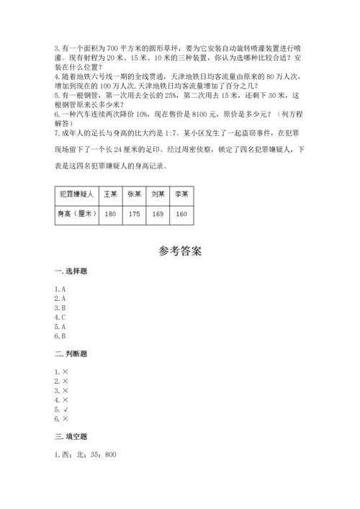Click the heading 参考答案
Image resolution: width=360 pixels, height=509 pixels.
[180, 252]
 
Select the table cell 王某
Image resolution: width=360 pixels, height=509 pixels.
[110, 194]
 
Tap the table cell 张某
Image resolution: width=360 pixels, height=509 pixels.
[134, 194]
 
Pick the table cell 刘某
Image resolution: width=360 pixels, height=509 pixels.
[158, 194]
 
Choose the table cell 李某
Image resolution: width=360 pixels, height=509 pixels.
[181, 194]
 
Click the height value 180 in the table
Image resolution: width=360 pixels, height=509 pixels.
[110, 214]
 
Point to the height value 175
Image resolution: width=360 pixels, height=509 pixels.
[134, 214]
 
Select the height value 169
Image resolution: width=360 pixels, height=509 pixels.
[158, 214]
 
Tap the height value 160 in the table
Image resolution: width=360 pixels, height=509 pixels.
[181, 214]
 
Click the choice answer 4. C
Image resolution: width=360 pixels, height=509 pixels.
[60, 317]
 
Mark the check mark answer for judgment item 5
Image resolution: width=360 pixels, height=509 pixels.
[65, 409]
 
